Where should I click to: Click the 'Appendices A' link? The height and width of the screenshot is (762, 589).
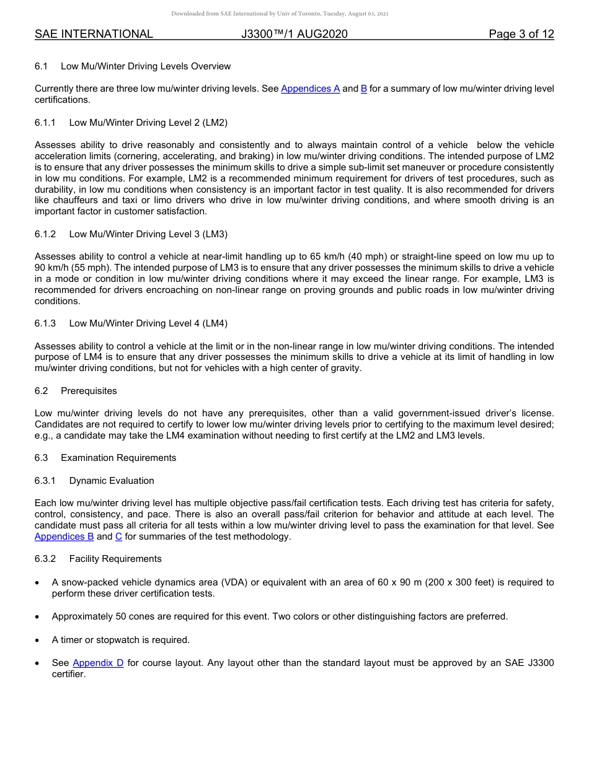310,89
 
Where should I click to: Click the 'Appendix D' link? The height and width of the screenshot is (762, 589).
98,663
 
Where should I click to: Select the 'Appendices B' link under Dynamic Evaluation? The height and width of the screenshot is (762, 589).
64,536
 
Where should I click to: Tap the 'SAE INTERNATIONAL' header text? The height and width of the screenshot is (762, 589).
94,34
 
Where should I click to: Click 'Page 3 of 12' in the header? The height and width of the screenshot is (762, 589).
521,34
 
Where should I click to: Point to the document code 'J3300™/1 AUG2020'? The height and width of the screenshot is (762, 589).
294,34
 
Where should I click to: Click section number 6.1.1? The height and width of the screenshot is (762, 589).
45,123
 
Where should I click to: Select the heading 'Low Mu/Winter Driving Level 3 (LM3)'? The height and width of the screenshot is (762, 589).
148,234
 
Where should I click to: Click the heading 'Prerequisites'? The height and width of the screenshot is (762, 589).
89,391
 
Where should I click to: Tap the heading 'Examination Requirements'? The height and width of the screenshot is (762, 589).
118,458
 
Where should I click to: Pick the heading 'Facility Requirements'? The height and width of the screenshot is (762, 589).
115,559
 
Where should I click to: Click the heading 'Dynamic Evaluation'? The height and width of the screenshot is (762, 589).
112,481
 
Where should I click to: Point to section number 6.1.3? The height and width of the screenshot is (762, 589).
45,323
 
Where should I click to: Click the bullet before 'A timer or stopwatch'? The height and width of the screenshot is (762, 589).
38,640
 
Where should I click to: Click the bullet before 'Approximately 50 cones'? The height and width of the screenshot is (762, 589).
38,617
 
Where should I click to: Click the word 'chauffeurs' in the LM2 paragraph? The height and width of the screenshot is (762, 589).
77,201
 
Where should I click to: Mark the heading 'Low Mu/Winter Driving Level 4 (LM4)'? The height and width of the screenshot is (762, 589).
148,323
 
